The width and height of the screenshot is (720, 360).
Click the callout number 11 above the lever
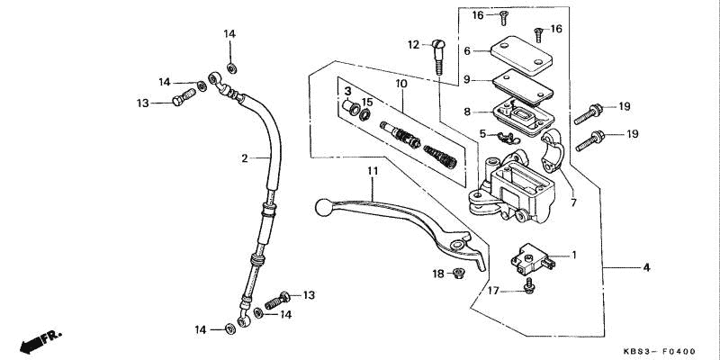(x=373, y=171)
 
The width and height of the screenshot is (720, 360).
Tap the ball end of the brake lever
(x=323, y=207)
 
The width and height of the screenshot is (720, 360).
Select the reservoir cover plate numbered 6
(x=521, y=56)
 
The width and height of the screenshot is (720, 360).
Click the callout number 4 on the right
(x=646, y=267)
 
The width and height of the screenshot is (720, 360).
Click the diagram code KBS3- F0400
(x=660, y=351)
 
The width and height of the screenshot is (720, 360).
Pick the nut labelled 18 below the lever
(x=457, y=274)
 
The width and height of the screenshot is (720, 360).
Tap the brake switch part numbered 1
(x=533, y=259)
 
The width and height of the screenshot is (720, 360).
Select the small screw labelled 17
(x=529, y=285)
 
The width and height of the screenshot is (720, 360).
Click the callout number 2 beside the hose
(x=245, y=158)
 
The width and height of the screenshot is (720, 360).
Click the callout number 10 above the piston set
(x=400, y=84)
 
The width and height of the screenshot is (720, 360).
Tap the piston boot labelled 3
(x=352, y=108)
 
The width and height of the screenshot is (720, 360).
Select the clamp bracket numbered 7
(x=553, y=150)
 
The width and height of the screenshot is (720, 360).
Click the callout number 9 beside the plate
(x=466, y=79)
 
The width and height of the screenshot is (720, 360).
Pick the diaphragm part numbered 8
(x=522, y=117)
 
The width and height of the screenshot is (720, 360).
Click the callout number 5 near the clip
(x=482, y=133)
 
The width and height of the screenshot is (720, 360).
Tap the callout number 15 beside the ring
(x=367, y=102)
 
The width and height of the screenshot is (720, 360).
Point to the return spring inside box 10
(x=440, y=157)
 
